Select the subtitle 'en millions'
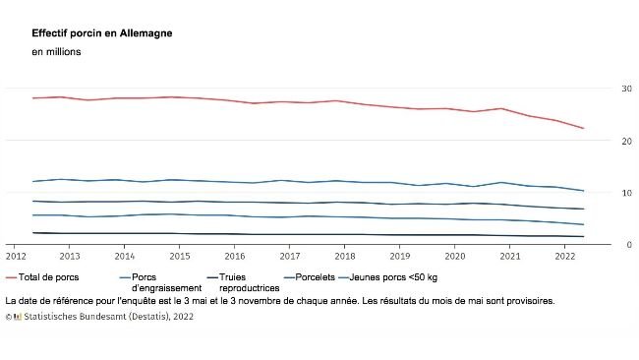[x=58, y=52]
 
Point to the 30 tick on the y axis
[x=626, y=89]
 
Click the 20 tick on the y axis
[x=626, y=141]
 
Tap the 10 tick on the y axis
[x=626, y=193]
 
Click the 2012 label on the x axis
[x=18, y=255]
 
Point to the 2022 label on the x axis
[x=565, y=255]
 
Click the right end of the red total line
[x=584, y=128]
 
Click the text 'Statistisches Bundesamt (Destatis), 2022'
[x=105, y=317]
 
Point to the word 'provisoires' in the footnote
[x=528, y=300]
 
